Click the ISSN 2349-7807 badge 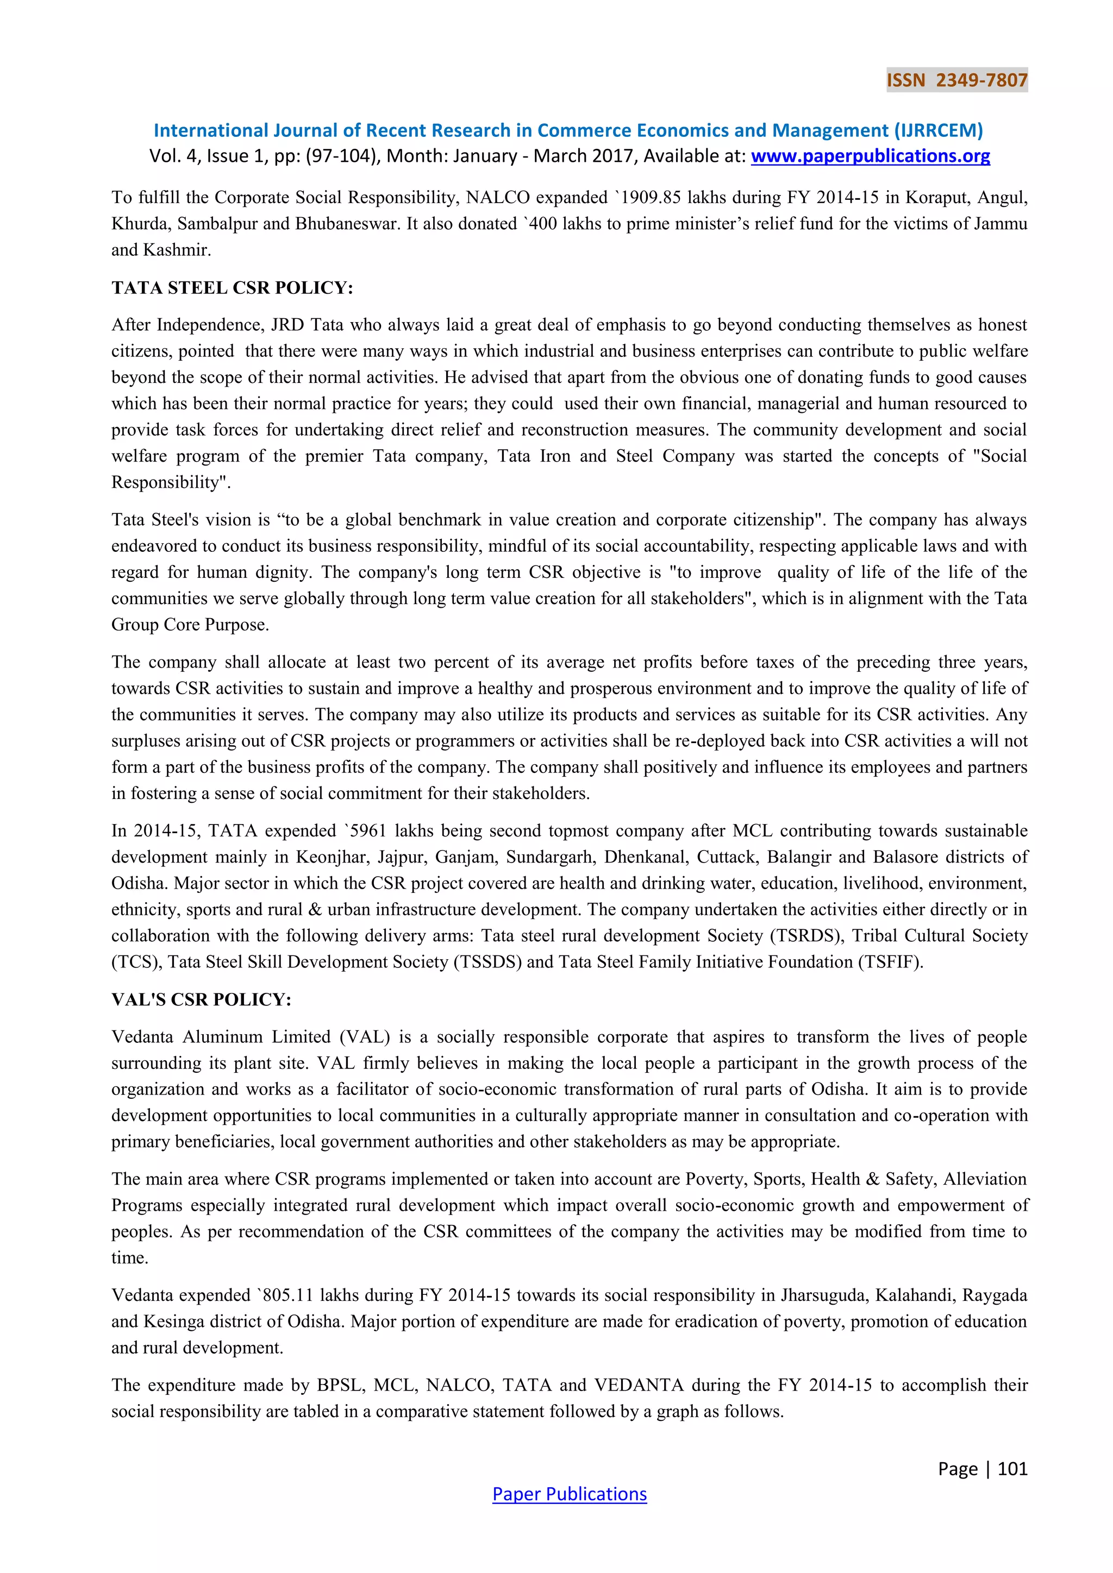(956, 80)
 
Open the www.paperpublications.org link (871, 156)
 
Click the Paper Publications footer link (570, 1494)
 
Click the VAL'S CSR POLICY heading (202, 999)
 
